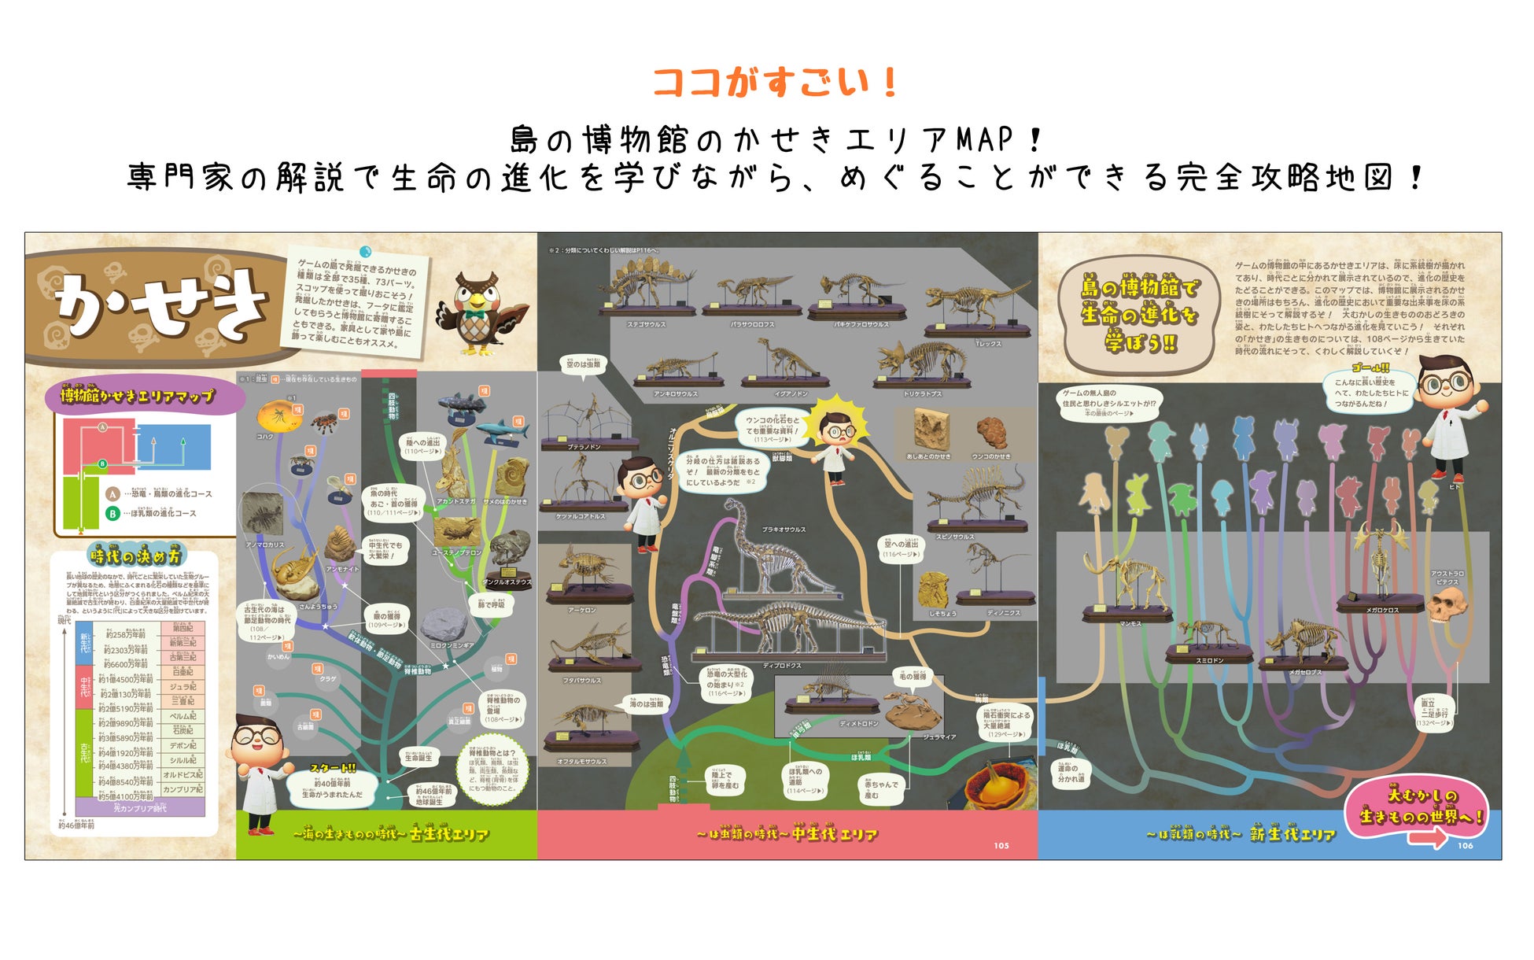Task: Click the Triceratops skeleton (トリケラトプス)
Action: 920,362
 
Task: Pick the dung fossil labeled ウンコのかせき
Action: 991,432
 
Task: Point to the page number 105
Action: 1001,846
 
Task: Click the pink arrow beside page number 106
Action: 1427,840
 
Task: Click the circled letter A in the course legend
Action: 112,494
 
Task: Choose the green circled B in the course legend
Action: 112,513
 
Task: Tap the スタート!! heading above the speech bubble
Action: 332,768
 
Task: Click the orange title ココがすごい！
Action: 775,82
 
